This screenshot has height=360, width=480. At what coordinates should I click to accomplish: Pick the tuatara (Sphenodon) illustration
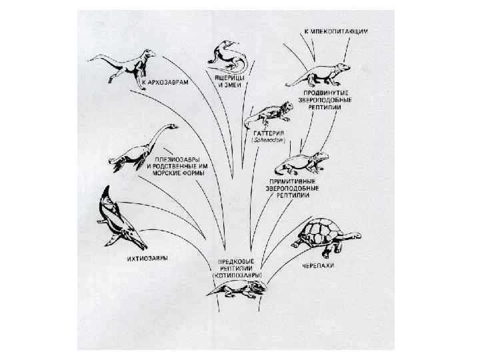[x=267, y=117]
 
